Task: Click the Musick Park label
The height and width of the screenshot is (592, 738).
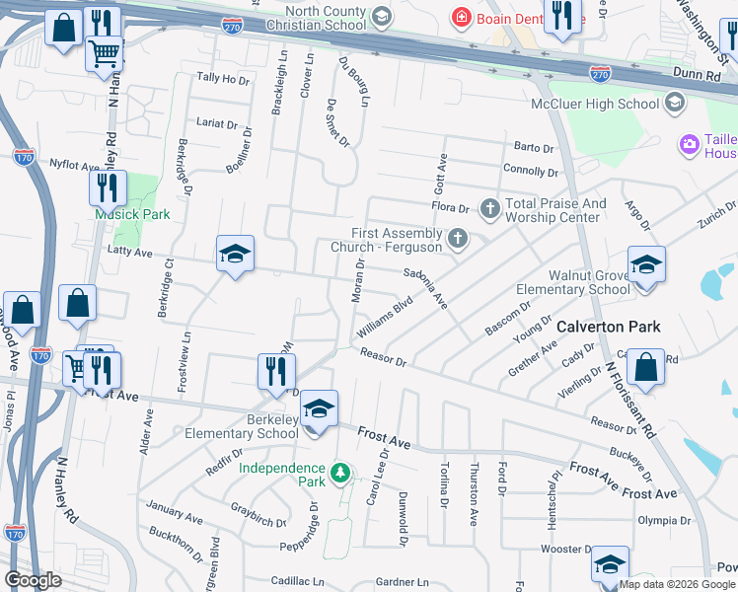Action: (132, 214)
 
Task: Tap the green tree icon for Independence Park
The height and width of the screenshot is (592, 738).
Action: (339, 475)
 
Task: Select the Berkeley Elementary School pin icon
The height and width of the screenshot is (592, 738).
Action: (319, 410)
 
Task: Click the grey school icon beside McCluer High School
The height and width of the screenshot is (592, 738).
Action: (675, 103)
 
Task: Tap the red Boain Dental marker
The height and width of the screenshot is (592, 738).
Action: (460, 17)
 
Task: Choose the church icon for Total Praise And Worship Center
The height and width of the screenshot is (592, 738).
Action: (488, 208)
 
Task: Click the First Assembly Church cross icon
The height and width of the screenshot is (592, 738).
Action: (456, 238)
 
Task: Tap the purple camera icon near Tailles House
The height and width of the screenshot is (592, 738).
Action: (689, 145)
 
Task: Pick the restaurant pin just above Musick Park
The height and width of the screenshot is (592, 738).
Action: (109, 188)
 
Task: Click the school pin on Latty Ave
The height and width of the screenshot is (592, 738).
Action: (235, 255)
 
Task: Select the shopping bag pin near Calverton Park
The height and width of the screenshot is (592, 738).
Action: (645, 367)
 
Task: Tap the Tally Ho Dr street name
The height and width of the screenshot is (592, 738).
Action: (222, 78)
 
